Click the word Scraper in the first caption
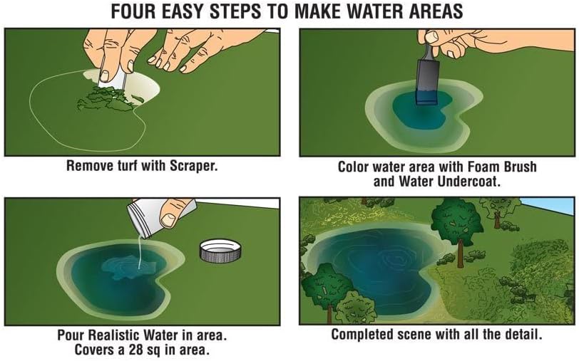coord(193,166)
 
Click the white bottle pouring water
coord(159,219)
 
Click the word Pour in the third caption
coord(71,335)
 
